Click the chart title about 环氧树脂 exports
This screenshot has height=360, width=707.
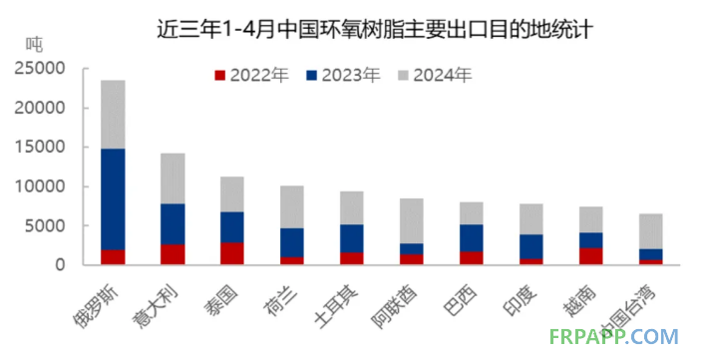(376, 27)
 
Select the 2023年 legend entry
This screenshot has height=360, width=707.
(342, 75)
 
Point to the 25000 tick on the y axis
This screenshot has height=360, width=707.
(39, 68)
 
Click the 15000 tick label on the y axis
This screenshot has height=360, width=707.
(39, 147)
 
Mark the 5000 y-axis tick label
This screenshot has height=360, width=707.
(44, 225)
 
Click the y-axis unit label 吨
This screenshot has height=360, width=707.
(34, 44)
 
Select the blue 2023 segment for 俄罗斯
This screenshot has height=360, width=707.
(113, 199)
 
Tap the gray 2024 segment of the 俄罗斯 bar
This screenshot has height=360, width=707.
(113, 114)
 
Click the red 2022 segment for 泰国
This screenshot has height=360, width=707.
(231, 253)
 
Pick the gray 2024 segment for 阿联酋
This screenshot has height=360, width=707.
(411, 220)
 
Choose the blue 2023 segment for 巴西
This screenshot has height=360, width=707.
(471, 237)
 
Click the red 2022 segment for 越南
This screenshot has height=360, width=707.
(590, 256)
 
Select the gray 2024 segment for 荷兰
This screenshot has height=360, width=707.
(291, 206)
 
